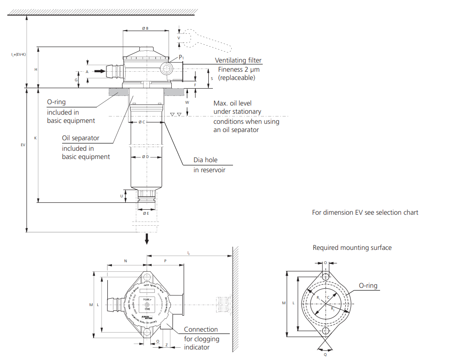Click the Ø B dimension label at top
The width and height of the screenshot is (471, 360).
(145, 28)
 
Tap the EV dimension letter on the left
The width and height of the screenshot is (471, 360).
(23, 145)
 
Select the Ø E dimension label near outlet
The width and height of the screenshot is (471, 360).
(145, 213)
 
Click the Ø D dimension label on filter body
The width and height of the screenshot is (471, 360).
(145, 157)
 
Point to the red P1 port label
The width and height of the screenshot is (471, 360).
(181, 57)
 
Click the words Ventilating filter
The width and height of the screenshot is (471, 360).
(238, 60)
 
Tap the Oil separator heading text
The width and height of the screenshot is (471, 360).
(80, 138)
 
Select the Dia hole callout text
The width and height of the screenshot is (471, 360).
(206, 160)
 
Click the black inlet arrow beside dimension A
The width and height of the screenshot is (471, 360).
(99, 71)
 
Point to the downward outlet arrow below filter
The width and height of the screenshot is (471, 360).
(147, 239)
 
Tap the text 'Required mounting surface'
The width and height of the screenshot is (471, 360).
(352, 248)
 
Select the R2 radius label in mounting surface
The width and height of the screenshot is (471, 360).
(333, 309)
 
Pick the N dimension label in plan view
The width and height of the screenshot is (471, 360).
(126, 260)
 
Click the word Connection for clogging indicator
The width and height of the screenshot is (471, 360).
(201, 329)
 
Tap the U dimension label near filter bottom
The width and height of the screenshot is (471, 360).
(122, 196)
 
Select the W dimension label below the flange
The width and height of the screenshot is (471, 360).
(187, 103)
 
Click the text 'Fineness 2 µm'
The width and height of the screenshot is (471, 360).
(238, 69)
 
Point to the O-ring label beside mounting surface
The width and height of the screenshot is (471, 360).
(368, 286)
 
